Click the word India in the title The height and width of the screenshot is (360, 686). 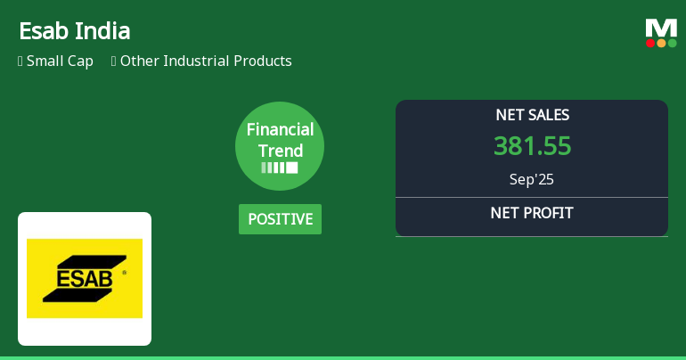103,31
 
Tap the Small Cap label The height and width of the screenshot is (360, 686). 60,61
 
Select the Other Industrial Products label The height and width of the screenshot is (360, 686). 206,61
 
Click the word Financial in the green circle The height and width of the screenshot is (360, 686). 280,130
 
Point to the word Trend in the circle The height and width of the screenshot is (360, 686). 280,151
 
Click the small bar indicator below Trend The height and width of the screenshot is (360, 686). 280,168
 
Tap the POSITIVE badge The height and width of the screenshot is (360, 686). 280,219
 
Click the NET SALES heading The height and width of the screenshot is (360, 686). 532,115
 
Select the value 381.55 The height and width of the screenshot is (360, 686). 532,146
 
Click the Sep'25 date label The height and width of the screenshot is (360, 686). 532,179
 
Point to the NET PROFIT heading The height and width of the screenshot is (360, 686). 532,213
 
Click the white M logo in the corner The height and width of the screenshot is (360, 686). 661,28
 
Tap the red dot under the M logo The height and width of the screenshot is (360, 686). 650,43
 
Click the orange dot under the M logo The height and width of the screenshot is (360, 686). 661,43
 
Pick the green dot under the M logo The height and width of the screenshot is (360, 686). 672,43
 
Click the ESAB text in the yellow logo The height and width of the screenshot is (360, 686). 85,278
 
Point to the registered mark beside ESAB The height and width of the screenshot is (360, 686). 124,272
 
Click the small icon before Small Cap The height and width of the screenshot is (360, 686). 20,61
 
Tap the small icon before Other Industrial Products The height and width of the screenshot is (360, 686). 114,61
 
